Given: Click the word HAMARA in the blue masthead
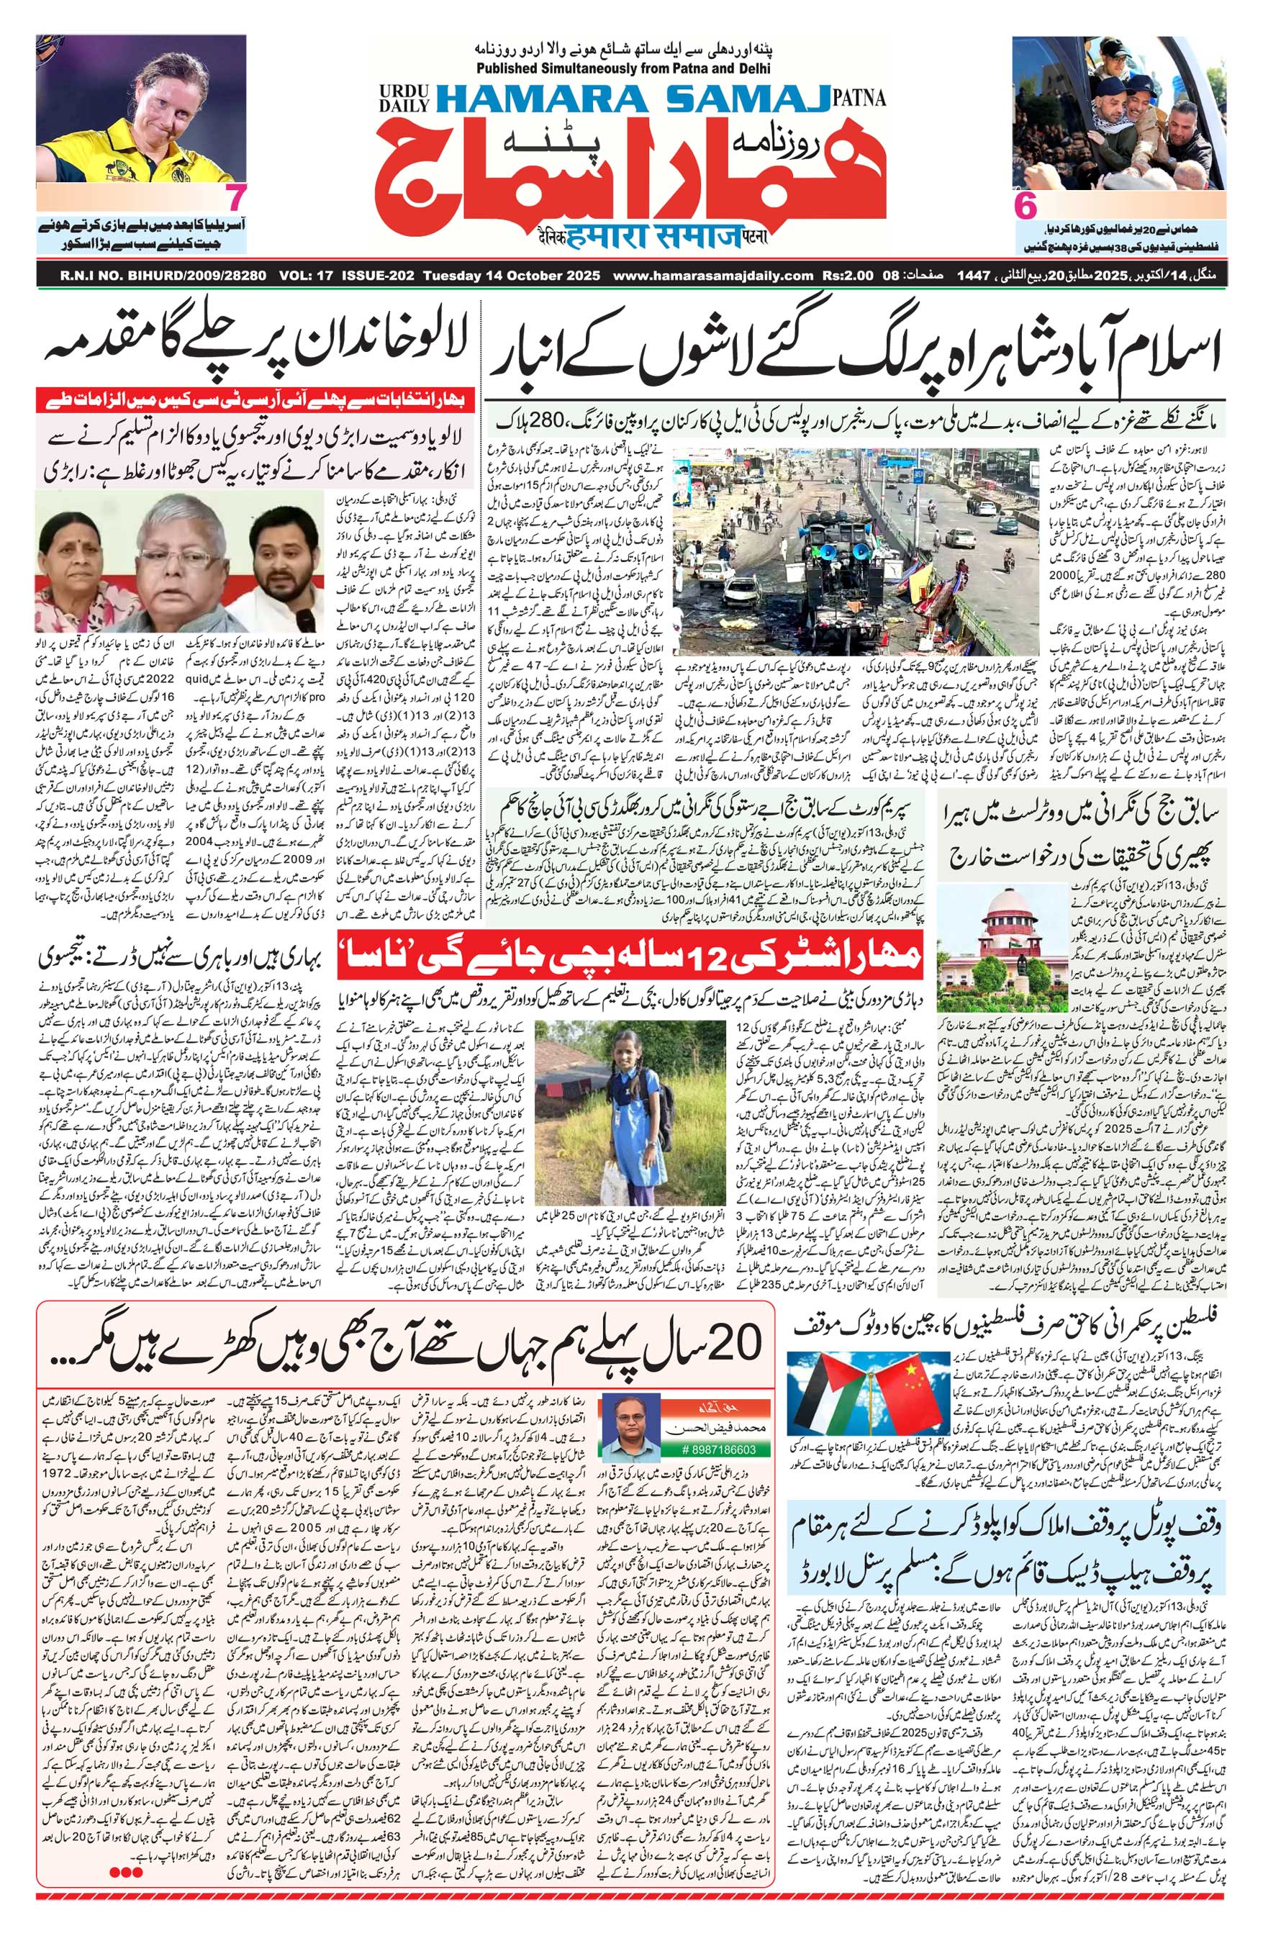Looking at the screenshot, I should [531, 99].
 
